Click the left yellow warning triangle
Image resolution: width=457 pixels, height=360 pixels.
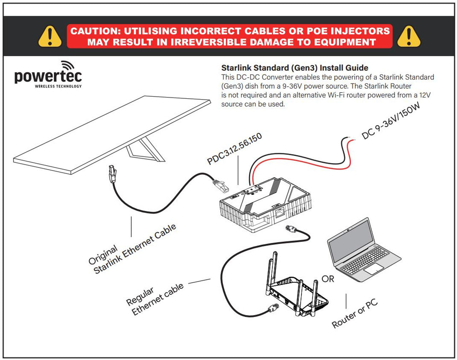click(50, 36)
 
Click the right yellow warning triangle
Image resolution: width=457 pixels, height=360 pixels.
click(409, 36)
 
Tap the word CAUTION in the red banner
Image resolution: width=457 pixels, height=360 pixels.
click(94, 31)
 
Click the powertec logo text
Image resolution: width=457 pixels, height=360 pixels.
click(48, 76)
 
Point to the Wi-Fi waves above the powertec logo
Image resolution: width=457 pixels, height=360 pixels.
click(67, 65)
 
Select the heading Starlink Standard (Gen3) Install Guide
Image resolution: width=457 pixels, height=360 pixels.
click(295, 68)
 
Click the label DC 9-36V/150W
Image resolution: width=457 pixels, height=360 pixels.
click(391, 121)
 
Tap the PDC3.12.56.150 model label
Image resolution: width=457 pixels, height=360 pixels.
click(235, 149)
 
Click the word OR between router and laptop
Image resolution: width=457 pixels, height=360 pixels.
click(328, 279)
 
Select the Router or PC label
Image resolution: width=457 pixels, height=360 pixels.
click(355, 314)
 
